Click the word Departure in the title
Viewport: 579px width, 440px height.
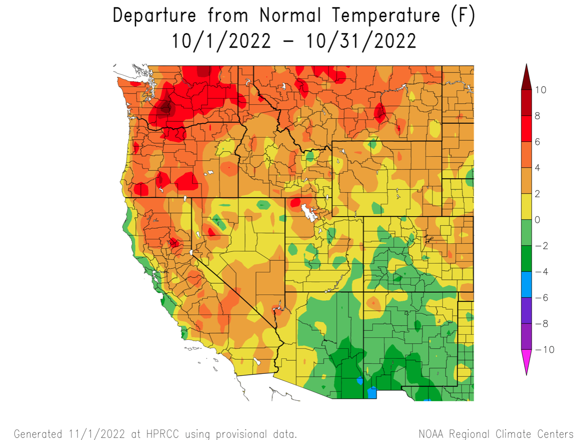point(154,15)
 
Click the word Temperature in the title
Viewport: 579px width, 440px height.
point(386,15)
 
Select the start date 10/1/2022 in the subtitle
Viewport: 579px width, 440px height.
point(221,41)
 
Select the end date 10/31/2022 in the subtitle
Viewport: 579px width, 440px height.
point(361,41)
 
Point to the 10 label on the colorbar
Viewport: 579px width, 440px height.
point(541,90)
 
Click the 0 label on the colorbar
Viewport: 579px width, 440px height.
point(538,220)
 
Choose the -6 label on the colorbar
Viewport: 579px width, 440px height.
point(541,298)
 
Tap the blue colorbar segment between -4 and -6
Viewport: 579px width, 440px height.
point(526,285)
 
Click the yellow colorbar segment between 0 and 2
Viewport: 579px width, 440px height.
point(526,207)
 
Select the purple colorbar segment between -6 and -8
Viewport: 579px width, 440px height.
point(526,310)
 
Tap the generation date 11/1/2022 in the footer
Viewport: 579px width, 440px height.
point(97,434)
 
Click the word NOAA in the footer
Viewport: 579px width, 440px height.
point(431,434)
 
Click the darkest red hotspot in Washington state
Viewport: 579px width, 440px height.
point(166,108)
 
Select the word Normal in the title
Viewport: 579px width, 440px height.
point(290,15)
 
